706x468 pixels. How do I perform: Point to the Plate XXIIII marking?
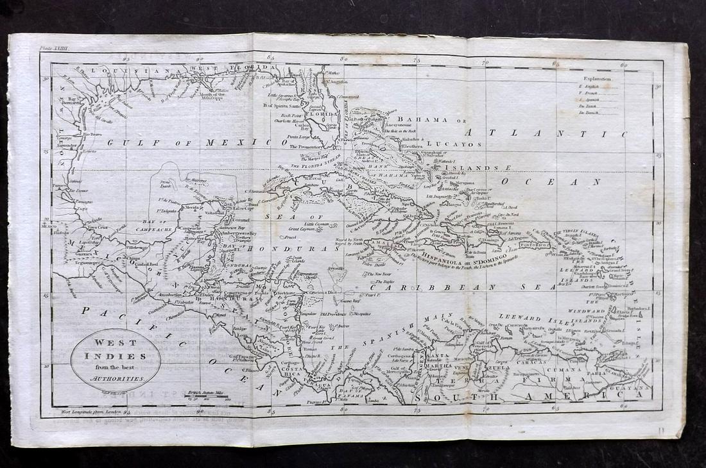point(57,47)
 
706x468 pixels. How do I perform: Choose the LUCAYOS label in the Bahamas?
point(459,145)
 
